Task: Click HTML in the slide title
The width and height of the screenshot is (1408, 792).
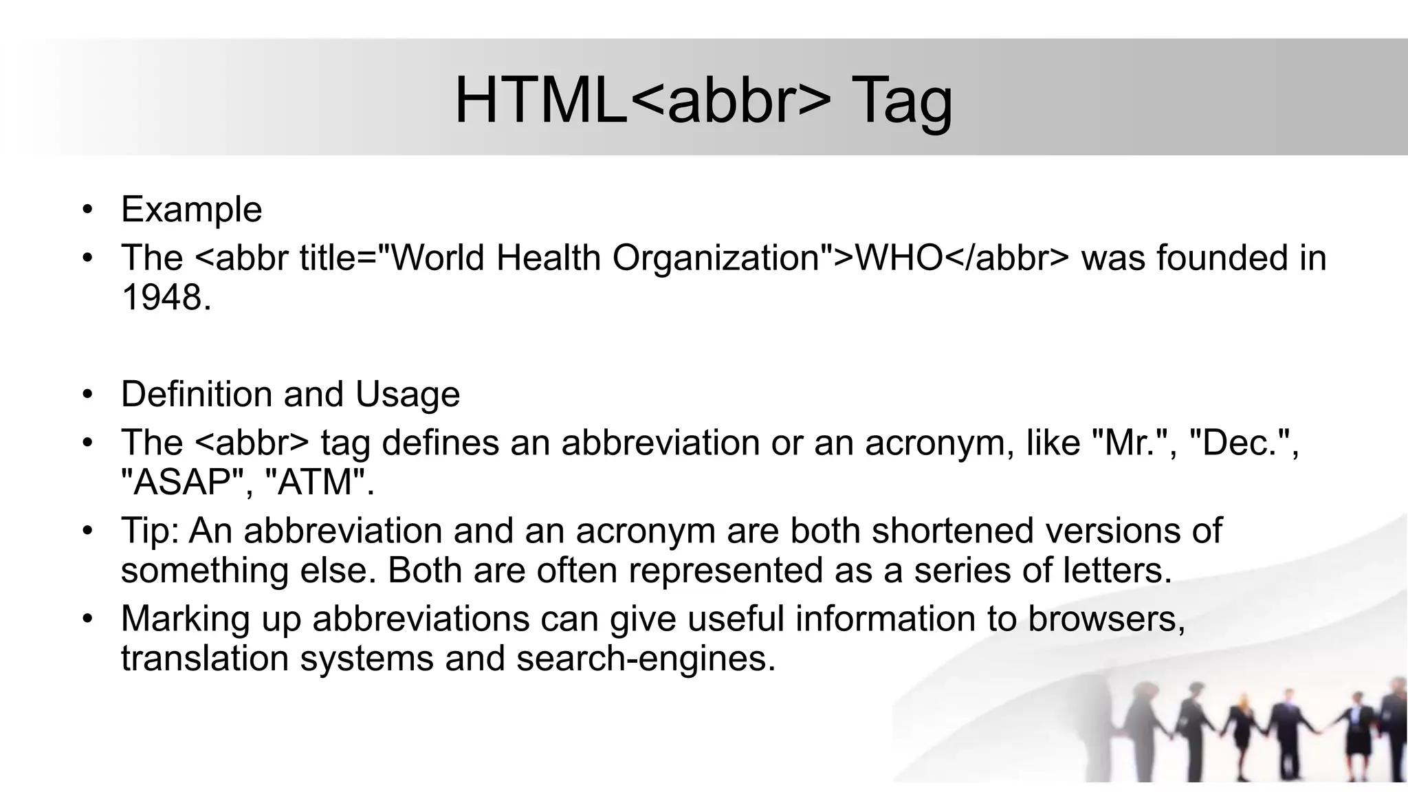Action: [x=541, y=100]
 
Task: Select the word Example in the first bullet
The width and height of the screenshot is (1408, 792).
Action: [x=191, y=209]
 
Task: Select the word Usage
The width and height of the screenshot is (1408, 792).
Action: [x=407, y=395]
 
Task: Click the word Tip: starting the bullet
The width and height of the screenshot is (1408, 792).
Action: [x=150, y=531]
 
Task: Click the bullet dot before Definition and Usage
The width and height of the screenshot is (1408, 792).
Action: [x=86, y=395]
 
